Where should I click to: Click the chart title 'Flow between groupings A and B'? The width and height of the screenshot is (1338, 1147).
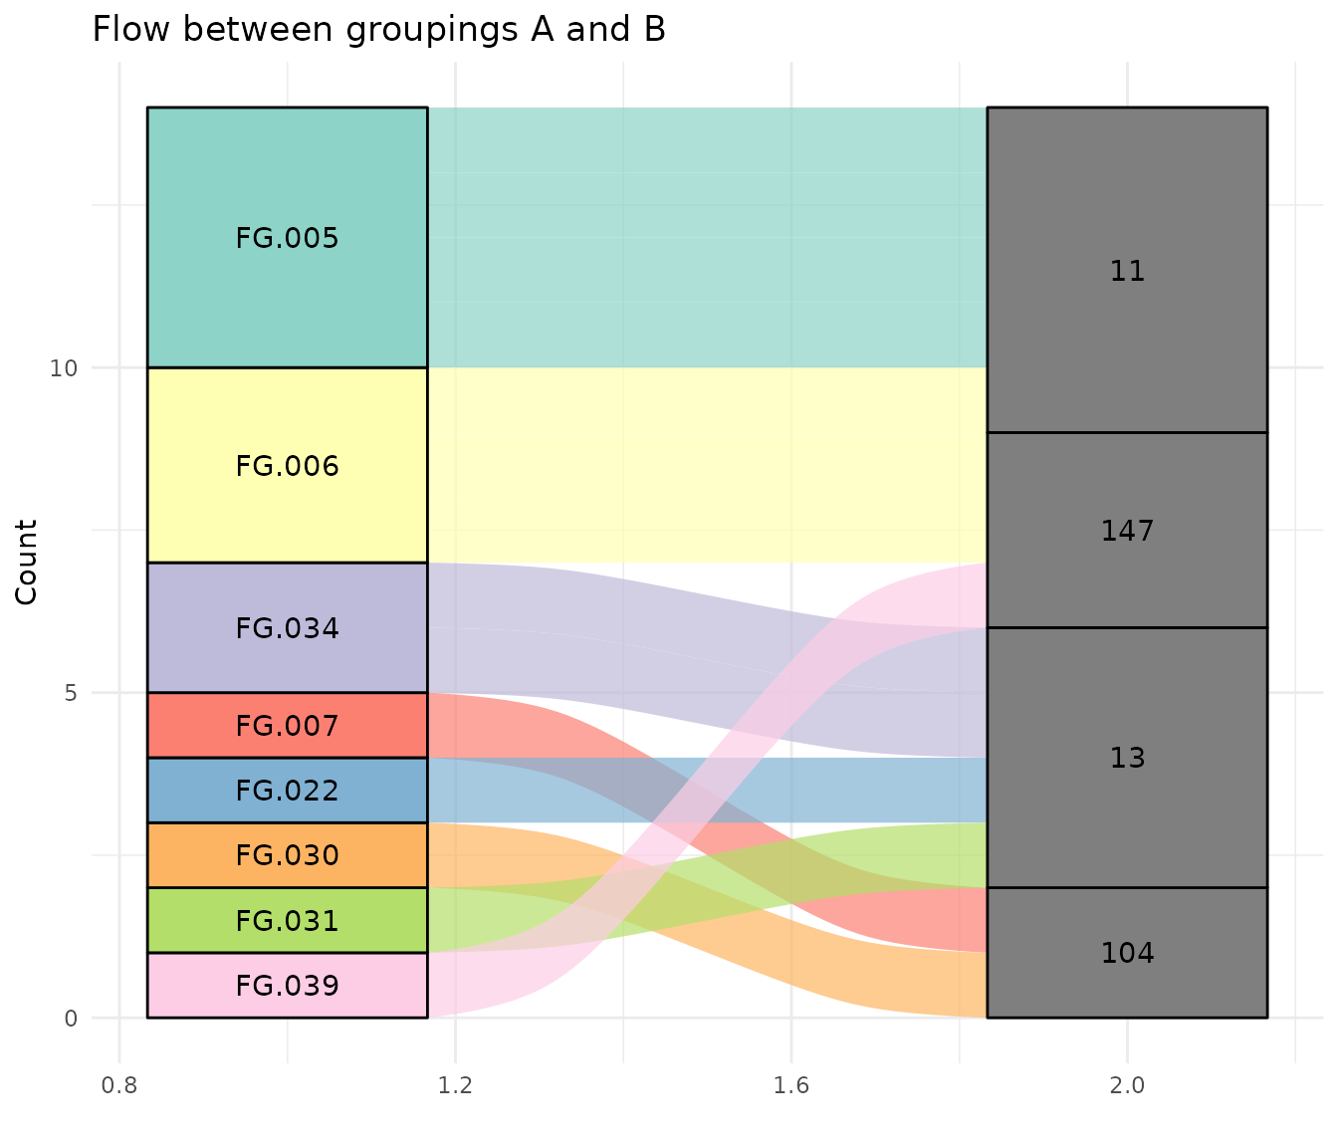click(x=378, y=30)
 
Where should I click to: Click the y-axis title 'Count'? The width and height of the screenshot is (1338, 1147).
click(x=27, y=562)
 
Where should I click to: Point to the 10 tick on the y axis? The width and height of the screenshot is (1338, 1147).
click(x=64, y=368)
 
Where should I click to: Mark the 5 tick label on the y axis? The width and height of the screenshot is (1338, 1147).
click(x=70, y=693)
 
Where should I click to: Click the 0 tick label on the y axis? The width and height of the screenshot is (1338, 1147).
click(x=70, y=1018)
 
